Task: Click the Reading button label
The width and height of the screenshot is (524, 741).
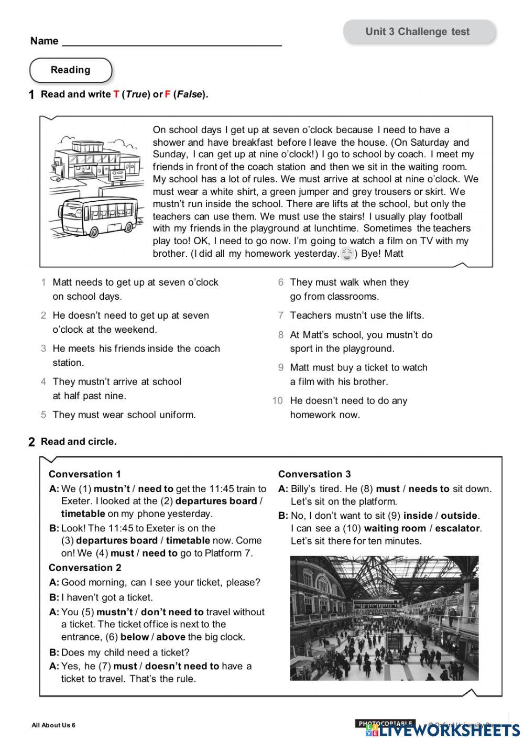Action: coord(70,70)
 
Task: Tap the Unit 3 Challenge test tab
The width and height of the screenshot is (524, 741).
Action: coord(418,32)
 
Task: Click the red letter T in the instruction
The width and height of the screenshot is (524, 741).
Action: coord(116,95)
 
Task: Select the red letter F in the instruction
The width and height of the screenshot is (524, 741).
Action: coord(168,95)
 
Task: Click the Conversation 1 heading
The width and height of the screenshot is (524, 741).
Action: coord(85,474)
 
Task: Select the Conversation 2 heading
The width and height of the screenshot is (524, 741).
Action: coord(85,568)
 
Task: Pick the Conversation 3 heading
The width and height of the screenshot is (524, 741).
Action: coord(314,474)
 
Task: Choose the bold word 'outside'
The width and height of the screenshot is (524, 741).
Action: coord(459,516)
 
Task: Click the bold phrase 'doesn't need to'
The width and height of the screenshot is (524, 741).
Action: coord(182,666)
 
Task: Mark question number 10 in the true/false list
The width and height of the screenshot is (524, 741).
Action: coord(277,401)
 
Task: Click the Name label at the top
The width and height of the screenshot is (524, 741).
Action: coord(44,41)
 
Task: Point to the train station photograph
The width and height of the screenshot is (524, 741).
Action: coord(384,618)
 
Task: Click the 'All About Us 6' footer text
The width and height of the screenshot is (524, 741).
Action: coord(53,725)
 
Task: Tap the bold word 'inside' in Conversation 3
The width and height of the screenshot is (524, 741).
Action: coord(418,516)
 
